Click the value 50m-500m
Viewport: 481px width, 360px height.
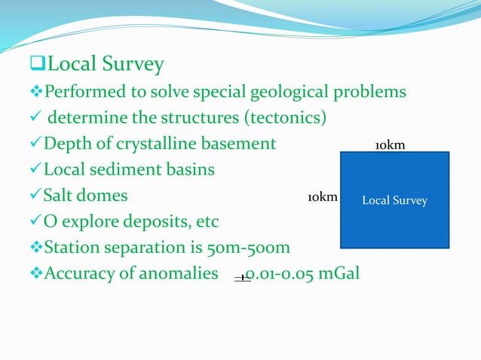[249, 247]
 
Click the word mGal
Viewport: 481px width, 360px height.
[336, 273]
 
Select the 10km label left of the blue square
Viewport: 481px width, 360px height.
[322, 197]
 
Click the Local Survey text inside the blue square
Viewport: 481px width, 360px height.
[394, 200]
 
